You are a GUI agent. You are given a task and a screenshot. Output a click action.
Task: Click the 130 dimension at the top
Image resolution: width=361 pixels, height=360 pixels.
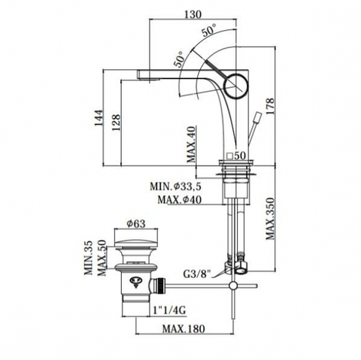pos(193,14)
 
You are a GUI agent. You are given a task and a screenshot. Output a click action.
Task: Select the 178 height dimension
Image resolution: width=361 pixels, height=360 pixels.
pos(270,107)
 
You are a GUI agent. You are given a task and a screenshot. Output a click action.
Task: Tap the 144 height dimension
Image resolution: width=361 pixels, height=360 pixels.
pos(99,118)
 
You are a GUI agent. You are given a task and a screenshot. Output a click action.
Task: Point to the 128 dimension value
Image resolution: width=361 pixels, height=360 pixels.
pos(116,123)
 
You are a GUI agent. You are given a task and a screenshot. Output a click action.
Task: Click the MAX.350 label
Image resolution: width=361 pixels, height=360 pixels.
pos(270,219)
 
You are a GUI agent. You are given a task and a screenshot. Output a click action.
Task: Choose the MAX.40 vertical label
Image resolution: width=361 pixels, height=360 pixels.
pos(191,145)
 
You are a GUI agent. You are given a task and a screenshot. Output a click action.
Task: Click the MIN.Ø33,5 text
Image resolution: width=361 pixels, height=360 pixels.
pos(176,186)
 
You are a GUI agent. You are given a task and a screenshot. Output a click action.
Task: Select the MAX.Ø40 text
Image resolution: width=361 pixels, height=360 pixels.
pos(180,200)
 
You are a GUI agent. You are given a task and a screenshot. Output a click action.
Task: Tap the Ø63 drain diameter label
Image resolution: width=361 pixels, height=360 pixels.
pos(136,224)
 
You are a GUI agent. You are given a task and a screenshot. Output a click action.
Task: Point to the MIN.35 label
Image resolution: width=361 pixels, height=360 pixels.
pos(88,258)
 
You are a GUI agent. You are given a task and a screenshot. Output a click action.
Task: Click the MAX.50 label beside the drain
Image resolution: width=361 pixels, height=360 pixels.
pos(102,258)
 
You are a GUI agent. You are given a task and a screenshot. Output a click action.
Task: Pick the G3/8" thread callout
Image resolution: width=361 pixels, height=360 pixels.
pos(196,274)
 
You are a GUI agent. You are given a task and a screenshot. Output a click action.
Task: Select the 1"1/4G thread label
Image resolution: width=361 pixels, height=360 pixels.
pos(169,310)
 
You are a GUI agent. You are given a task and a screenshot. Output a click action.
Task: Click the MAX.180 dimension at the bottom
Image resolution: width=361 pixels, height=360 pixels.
pos(184,328)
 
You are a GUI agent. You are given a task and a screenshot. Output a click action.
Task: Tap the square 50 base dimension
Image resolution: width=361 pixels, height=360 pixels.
pos(236,156)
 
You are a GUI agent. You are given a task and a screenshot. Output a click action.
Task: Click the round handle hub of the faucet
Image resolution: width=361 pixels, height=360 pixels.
pos(236,86)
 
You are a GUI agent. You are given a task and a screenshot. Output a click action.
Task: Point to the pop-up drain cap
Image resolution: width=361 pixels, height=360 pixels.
pos(136,243)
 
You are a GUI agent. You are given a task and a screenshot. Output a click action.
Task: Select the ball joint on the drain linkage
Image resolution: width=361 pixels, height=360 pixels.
pos(233,286)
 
